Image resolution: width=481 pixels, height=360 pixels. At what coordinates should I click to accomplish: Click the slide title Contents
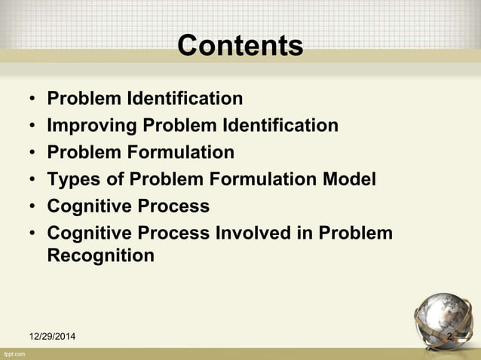coord(240,46)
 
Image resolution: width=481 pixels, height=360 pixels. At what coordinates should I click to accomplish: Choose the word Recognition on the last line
coord(100,256)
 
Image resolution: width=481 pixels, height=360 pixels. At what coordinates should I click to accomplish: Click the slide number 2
coord(449,336)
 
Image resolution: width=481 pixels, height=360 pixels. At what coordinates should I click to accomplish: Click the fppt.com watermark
coord(15,353)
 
